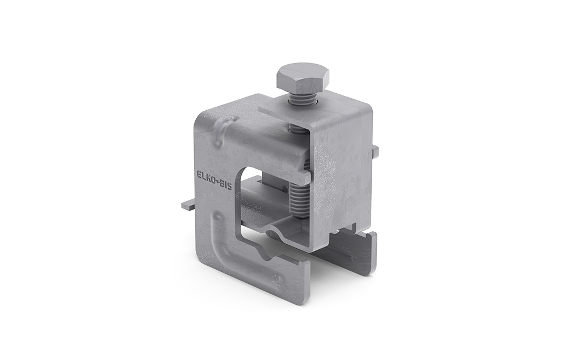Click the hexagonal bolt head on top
tap(304, 79)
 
